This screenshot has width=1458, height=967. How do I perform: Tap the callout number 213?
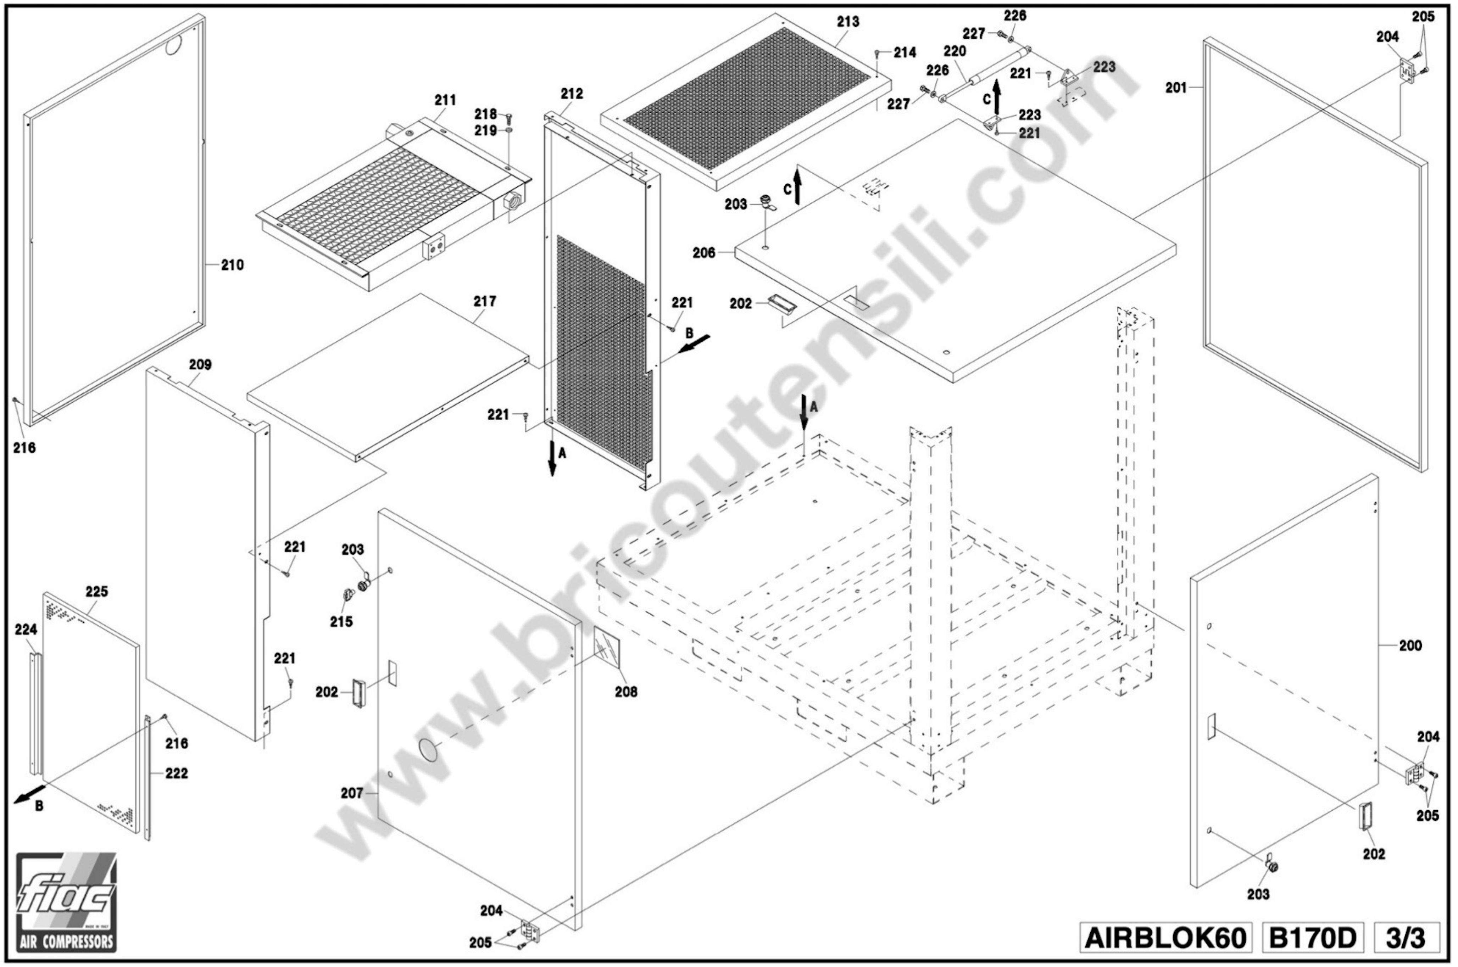(x=848, y=22)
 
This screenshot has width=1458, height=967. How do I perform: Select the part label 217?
(x=485, y=302)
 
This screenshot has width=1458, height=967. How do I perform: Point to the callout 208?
(x=626, y=692)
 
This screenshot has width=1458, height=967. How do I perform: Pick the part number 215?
(x=341, y=622)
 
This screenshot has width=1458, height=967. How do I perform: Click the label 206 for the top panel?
(x=704, y=253)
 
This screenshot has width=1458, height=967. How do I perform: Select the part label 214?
(x=905, y=52)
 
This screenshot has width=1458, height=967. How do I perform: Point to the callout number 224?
(x=27, y=630)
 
